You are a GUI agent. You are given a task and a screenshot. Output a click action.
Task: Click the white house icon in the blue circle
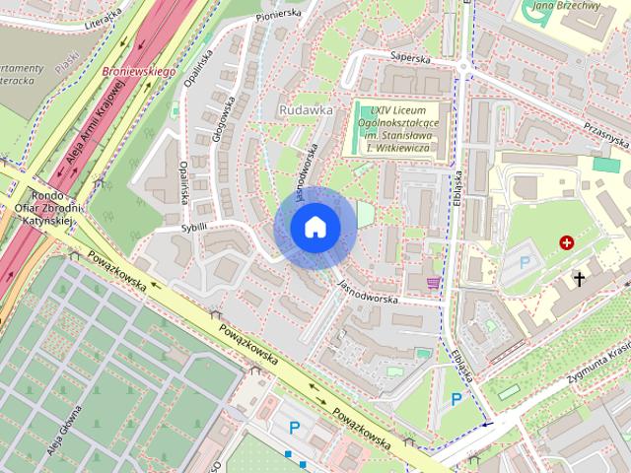pos(315,227)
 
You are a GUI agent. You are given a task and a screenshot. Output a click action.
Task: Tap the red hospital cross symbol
pos(567,241)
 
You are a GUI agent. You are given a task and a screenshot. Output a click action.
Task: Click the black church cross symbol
pos(580,280)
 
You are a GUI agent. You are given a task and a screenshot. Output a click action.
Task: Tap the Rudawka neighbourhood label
pos(306,110)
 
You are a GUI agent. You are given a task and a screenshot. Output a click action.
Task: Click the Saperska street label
pos(411,57)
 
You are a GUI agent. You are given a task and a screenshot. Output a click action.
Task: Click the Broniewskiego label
pos(138,72)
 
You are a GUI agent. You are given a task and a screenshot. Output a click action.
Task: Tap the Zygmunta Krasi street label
pos(597,368)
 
